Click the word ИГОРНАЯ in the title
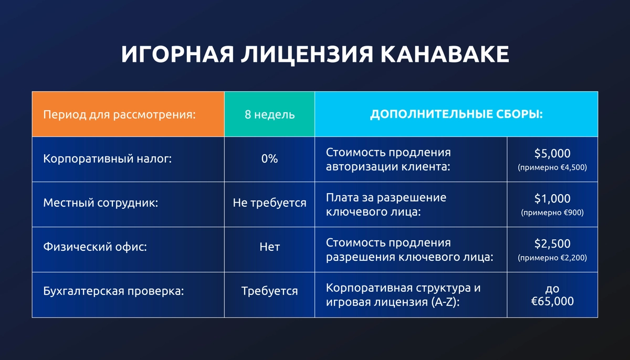click(x=177, y=55)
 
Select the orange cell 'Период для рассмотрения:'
click(x=119, y=114)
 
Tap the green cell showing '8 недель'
click(x=269, y=114)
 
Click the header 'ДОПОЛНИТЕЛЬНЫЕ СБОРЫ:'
click(x=456, y=114)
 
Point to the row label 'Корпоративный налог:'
click(x=108, y=159)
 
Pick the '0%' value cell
click(x=269, y=159)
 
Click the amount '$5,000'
click(x=552, y=153)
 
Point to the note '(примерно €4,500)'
click(x=552, y=168)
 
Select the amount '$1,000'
click(x=552, y=198)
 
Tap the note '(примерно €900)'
click(x=552, y=213)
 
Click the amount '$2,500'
click(x=552, y=243)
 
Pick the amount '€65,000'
click(x=552, y=302)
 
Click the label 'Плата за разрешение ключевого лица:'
click(x=386, y=204)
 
